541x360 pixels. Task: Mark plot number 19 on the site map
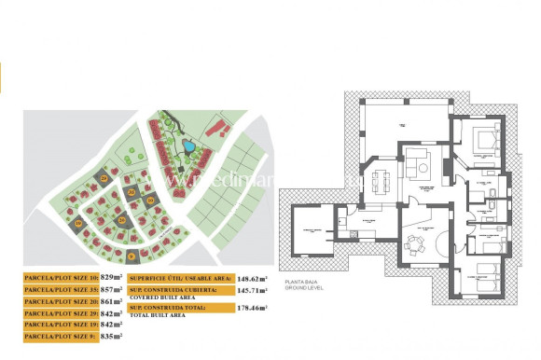point(80,223)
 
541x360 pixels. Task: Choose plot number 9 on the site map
point(132,255)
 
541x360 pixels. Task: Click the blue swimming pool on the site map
point(189,146)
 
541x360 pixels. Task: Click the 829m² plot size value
point(112,277)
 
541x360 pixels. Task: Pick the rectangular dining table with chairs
point(378,176)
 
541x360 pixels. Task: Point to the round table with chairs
point(413,245)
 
